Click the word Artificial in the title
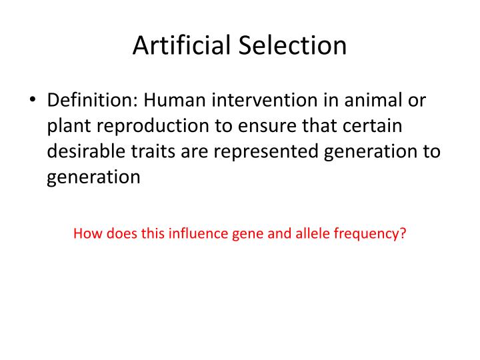[x=179, y=45]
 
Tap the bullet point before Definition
[x=33, y=100]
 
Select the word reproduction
[x=153, y=126]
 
